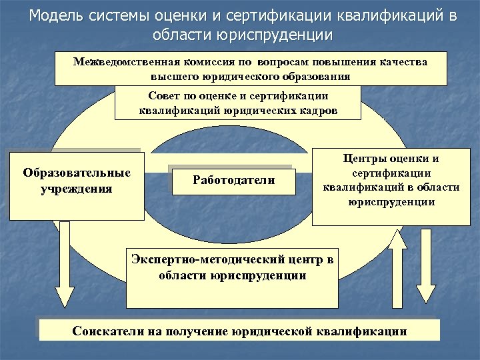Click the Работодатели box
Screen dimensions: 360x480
(233, 179)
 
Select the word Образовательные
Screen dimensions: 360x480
(77, 173)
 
